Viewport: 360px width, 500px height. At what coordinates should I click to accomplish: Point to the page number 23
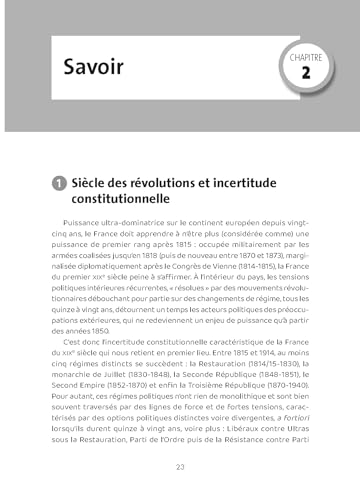click(180, 467)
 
